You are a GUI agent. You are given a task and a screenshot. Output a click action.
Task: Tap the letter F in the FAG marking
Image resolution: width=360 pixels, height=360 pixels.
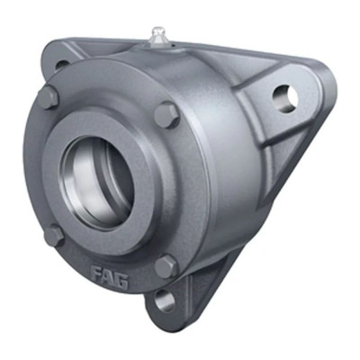pyautogui.click(x=94, y=270)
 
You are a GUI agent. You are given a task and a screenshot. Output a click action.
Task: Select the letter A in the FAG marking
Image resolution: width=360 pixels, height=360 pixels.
pyautogui.click(x=107, y=274)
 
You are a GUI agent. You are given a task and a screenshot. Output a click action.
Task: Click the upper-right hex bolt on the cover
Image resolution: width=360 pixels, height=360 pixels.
pyautogui.click(x=167, y=113)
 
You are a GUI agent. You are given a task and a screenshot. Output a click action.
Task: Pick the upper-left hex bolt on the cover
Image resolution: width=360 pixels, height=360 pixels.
pyautogui.click(x=49, y=96)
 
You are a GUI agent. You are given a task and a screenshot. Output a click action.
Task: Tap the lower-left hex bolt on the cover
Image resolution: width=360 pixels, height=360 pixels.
pyautogui.click(x=54, y=236)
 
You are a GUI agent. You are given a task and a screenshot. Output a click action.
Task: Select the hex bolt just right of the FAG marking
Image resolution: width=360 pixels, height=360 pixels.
pyautogui.click(x=165, y=265)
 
